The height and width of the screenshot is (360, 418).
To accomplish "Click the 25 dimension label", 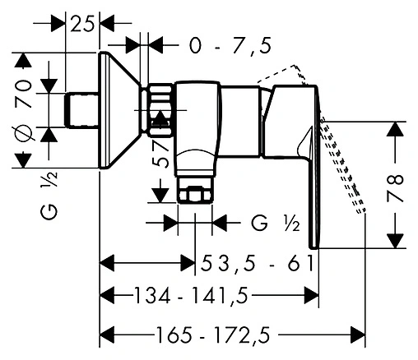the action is pos(82,25).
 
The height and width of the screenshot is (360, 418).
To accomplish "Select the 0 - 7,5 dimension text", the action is pos(230,46).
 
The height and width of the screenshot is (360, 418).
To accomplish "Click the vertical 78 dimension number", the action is pos(395,188).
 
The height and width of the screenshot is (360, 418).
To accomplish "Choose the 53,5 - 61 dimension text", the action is pos(257,263).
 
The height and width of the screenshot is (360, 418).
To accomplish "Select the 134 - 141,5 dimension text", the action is pos(191,296).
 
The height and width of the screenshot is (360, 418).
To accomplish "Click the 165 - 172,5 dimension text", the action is pos(213,335).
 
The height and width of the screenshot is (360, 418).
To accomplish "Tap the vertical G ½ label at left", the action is pos(49,196).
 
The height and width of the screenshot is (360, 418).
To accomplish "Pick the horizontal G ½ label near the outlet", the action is pos(276,224).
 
